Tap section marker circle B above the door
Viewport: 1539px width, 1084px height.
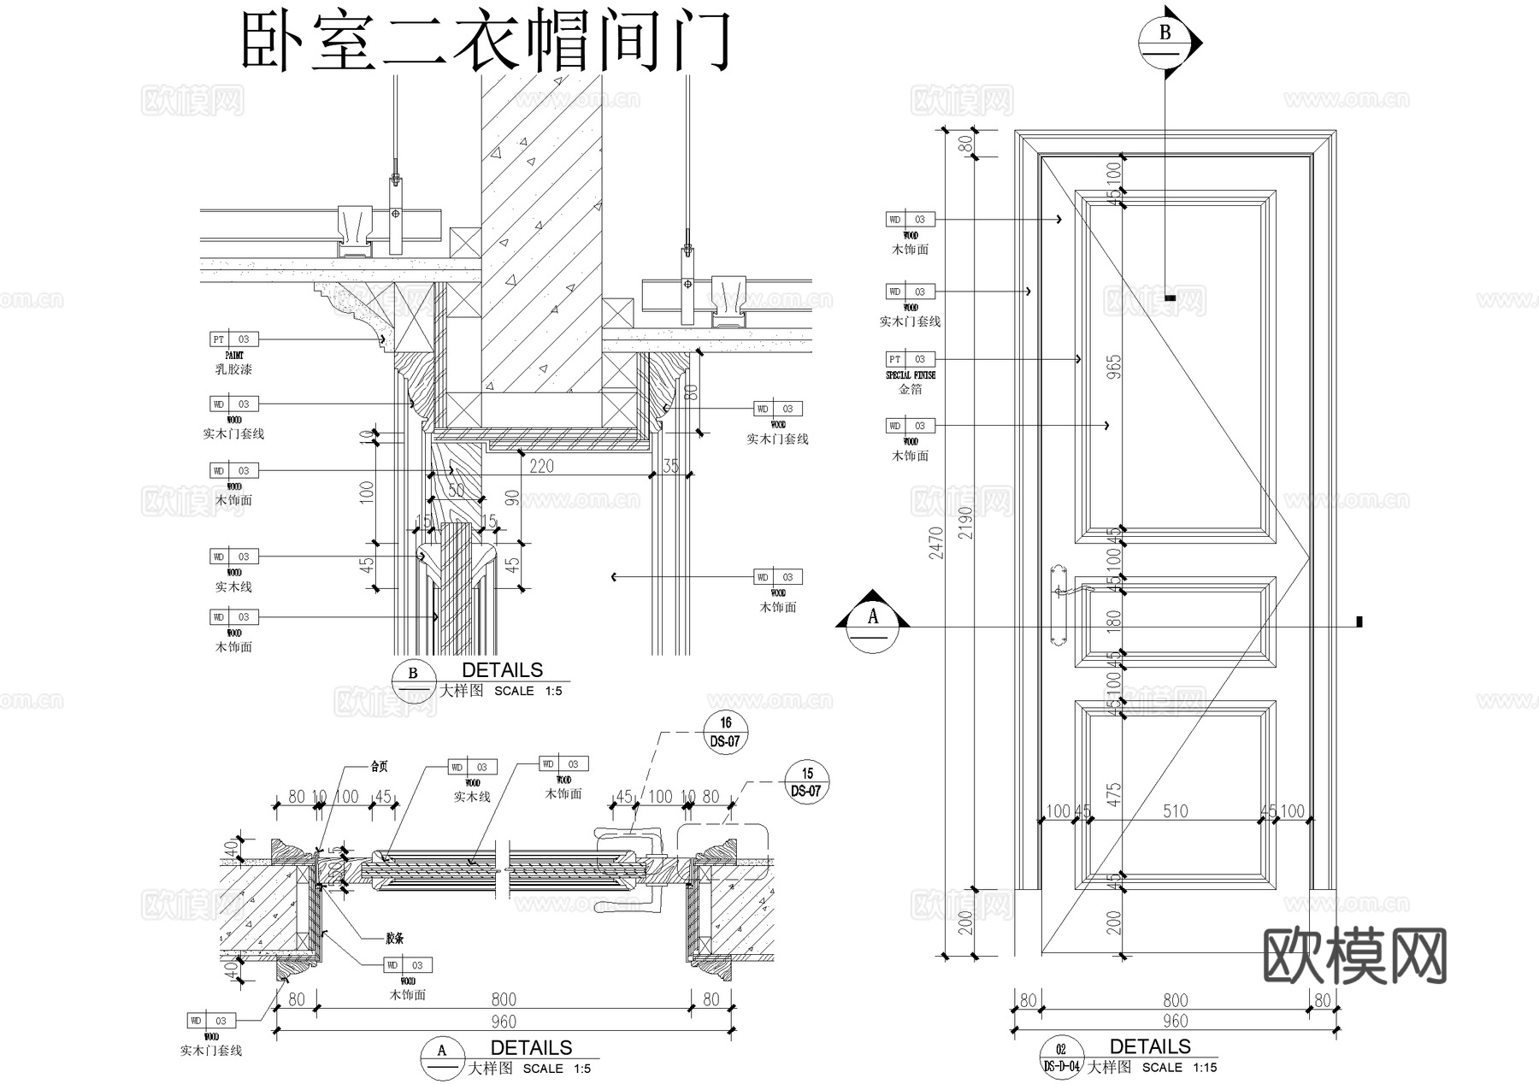pyautogui.click(x=1165, y=40)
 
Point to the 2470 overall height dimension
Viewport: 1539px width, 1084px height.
pyautogui.click(x=936, y=543)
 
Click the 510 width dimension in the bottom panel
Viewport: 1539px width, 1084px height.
pyautogui.click(x=1176, y=810)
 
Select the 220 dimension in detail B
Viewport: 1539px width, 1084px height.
pyautogui.click(x=541, y=466)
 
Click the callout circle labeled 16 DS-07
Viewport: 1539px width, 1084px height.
pyautogui.click(x=725, y=732)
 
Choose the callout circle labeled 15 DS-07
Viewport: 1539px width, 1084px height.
pyautogui.click(x=807, y=782)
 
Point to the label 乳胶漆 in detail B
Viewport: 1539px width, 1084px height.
pyautogui.click(x=233, y=369)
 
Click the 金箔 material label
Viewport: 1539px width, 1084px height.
pyautogui.click(x=911, y=389)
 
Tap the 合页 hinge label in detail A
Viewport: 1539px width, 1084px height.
pyautogui.click(x=379, y=767)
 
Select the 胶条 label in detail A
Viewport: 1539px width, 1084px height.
pyautogui.click(x=394, y=938)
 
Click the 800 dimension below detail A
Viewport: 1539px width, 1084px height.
pyautogui.click(x=504, y=999)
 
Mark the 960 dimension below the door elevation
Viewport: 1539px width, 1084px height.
pyautogui.click(x=1176, y=1021)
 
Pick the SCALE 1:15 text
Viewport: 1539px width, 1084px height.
pyautogui.click(x=1179, y=1067)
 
